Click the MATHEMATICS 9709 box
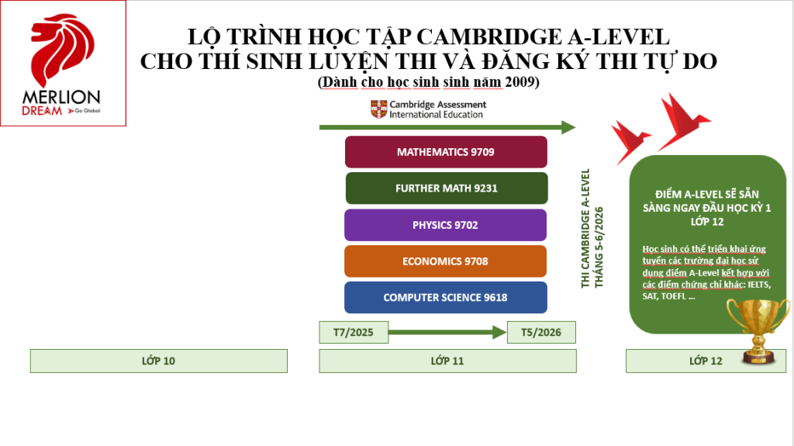[446, 152]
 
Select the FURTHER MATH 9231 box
[446, 188]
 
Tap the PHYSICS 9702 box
[446, 225]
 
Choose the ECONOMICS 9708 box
[446, 261]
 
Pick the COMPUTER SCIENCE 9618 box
[446, 298]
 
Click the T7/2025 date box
[354, 332]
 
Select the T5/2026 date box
[541, 332]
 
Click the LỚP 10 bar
[159, 361]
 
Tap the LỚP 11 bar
[447, 361]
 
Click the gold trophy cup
[757, 330]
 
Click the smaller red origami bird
[630, 140]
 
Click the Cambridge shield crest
[378, 109]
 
